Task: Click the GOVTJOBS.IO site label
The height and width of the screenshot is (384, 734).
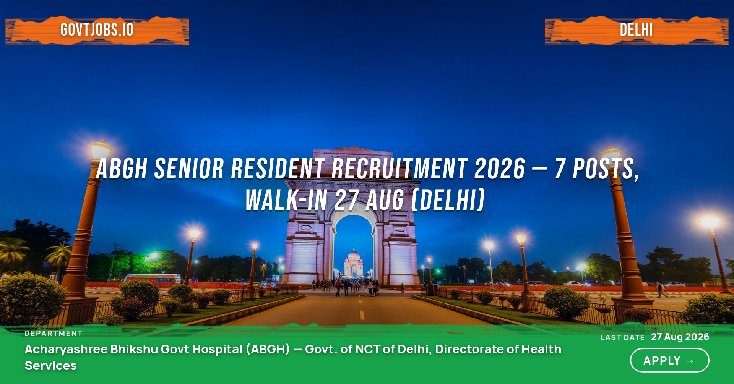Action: [97, 30]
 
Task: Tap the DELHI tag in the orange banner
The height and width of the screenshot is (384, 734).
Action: [637, 30]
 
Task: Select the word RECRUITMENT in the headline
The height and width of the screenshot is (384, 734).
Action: [400, 169]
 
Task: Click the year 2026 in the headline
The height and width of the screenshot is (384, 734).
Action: [500, 169]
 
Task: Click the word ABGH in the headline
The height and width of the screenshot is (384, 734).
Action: [122, 169]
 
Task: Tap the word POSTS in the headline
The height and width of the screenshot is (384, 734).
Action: [606, 169]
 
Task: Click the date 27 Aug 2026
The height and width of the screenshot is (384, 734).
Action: [680, 337]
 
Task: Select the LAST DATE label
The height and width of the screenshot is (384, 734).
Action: [623, 337]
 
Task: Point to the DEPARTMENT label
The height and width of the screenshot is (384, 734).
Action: [54, 333]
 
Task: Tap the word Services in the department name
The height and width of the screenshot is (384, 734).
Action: [51, 366]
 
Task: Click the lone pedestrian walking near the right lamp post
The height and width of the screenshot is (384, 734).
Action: [661, 290]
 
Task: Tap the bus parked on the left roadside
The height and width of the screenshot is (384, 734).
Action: [152, 278]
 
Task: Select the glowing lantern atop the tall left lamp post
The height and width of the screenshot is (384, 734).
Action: [100, 149]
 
